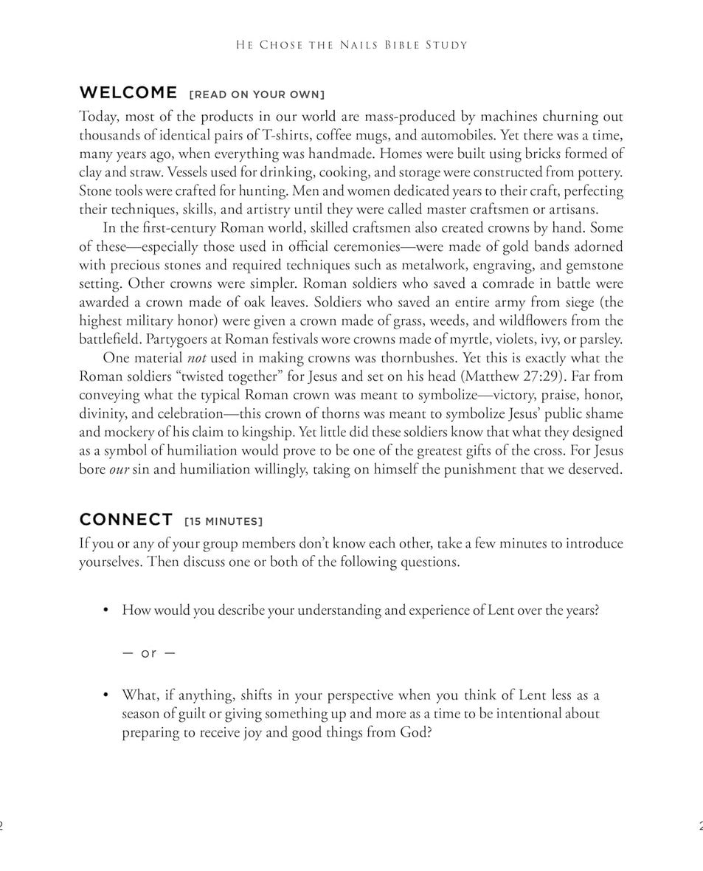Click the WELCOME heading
tap(128, 93)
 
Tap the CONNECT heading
tap(126, 520)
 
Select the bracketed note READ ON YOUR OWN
tap(257, 94)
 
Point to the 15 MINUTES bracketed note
tap(223, 522)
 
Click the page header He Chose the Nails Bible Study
tap(351, 45)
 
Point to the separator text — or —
tap(148, 653)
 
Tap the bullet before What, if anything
tap(106, 695)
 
